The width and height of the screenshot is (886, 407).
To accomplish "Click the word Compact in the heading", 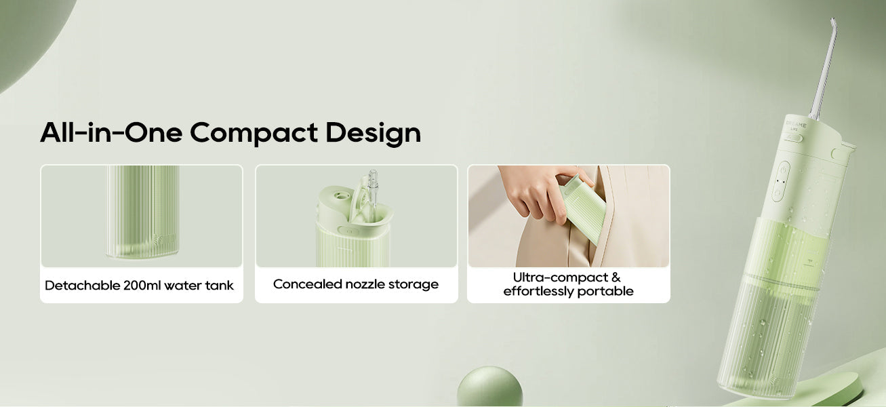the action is [254, 133].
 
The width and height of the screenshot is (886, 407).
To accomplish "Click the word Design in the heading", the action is [373, 133].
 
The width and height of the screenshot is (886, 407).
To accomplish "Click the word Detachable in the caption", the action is [82, 285].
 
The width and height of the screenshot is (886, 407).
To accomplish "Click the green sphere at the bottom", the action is [489, 386].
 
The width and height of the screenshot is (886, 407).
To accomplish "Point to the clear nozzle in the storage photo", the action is [373, 194].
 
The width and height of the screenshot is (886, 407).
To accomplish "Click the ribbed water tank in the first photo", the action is [142, 212].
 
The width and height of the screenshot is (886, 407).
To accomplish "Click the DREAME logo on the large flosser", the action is [796, 124].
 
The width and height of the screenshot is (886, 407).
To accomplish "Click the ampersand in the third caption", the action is [616, 277].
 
